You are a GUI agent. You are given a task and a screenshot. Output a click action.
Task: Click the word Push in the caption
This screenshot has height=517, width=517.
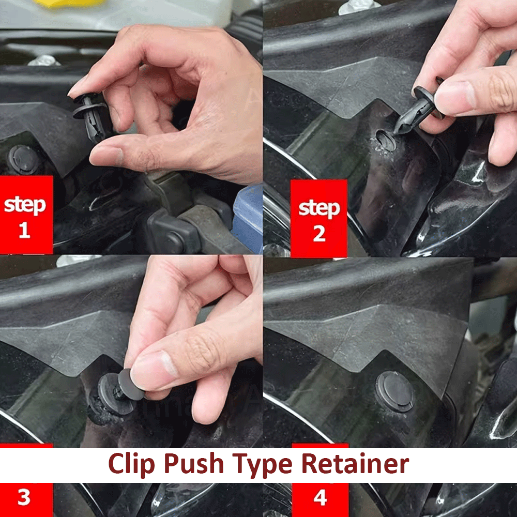coord(194,463)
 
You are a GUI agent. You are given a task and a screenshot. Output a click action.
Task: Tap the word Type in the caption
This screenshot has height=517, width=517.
coord(262,465)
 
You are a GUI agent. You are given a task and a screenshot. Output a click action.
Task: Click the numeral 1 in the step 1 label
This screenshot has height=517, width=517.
coord(24,230)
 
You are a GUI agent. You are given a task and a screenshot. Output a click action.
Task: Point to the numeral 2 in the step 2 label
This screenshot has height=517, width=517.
coord(319,234)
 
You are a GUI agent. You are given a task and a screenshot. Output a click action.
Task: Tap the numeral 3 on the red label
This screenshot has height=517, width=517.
coord(24,497)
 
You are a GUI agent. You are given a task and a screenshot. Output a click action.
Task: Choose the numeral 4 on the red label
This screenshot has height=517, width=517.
coord(320,497)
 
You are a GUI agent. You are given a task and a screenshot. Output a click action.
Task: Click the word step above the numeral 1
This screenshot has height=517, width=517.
coord(25,205)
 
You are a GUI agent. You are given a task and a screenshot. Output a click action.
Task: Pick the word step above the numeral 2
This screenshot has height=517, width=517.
coord(319,208)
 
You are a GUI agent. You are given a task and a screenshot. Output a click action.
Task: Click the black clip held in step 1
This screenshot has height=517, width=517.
coord(90,115)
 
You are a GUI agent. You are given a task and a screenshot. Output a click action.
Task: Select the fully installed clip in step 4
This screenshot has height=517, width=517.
coord(395,392)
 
